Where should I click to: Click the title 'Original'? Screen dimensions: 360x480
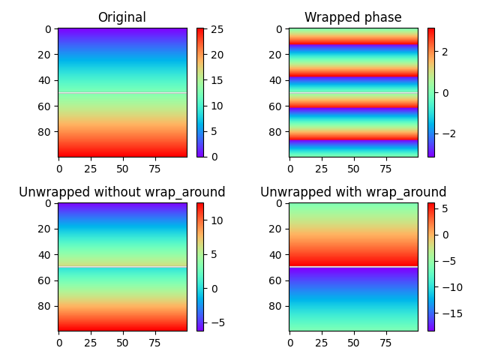tap(122, 17)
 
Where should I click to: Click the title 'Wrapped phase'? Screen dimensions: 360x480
tap(352, 17)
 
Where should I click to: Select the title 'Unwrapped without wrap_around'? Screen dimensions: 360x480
tap(122, 192)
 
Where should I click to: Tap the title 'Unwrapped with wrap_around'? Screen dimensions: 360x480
tap(352, 192)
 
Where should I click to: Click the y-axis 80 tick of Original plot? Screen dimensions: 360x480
tap(45, 132)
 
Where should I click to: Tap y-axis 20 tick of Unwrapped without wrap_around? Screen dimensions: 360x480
tap(45, 229)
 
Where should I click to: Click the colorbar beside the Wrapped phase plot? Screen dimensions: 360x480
tap(431, 92)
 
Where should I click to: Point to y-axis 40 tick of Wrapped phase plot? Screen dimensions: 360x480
tap(276, 80)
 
